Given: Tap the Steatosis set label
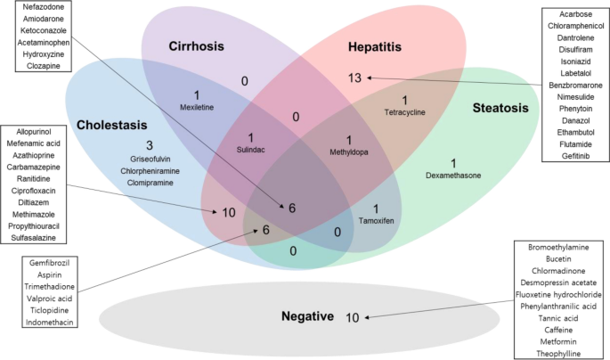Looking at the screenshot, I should [x=500, y=108].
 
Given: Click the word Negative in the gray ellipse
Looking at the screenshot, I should [x=306, y=317].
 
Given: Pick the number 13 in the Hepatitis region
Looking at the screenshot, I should [x=356, y=78].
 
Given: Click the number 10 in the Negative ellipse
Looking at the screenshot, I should [x=352, y=317].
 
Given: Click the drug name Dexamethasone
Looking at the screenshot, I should [x=453, y=176].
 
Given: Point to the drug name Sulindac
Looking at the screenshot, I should [x=252, y=151].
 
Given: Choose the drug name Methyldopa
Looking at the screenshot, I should [x=349, y=152].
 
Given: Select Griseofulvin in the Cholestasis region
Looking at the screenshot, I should [x=150, y=158].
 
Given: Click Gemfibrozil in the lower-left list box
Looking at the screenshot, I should [x=48, y=264].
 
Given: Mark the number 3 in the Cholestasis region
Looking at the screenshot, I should [x=150, y=144].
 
